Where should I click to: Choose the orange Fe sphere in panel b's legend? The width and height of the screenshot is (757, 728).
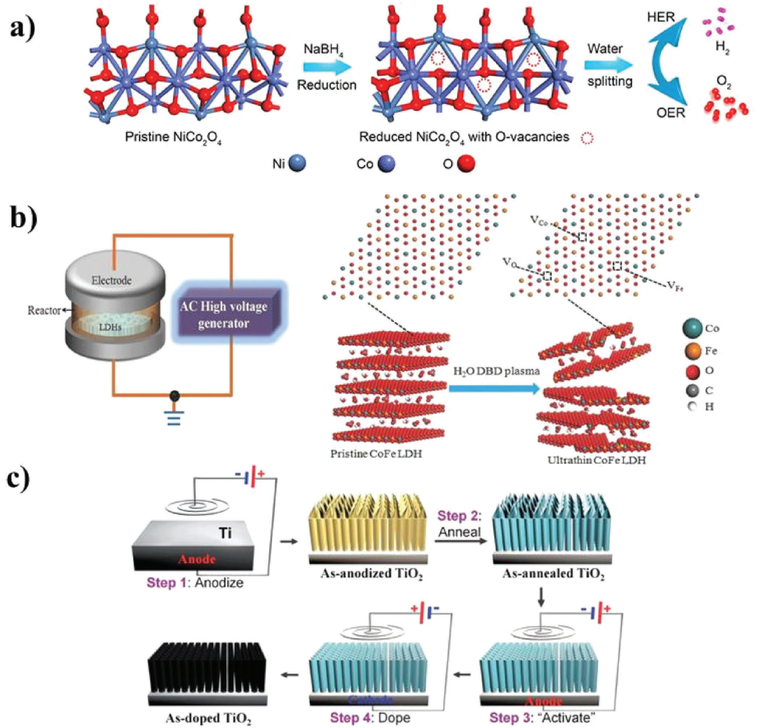pos(689,348)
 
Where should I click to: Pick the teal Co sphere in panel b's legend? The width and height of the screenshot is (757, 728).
pos(689,327)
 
